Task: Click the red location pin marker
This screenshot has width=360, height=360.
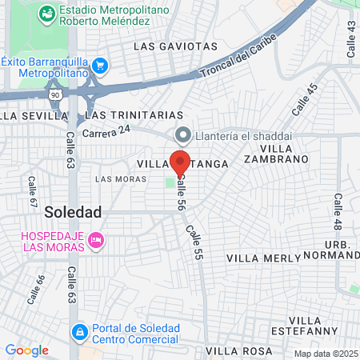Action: (180, 160)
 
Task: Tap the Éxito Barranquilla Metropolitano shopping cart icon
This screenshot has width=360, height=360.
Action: (99, 65)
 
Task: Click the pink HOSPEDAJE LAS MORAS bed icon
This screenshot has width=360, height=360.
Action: (96, 239)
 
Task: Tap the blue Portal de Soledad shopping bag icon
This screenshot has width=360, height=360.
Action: (79, 331)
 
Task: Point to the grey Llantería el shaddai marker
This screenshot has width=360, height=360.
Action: (182, 134)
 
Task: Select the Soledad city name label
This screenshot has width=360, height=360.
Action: (73, 212)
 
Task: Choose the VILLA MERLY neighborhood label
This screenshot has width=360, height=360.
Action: (264, 258)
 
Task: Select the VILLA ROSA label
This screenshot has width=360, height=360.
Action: (234, 350)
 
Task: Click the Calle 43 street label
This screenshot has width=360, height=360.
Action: (350, 38)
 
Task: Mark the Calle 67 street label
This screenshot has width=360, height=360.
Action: (33, 192)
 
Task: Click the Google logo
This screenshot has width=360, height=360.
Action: (26, 350)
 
